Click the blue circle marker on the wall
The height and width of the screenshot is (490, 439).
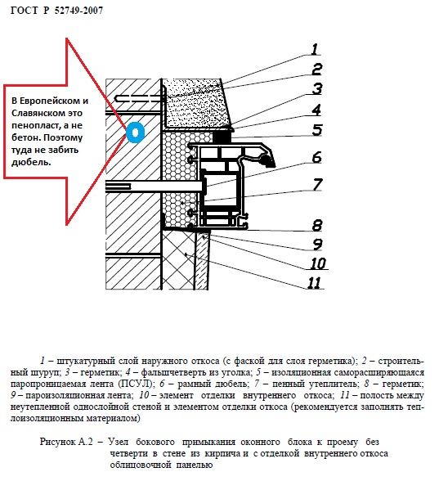[x=135, y=133]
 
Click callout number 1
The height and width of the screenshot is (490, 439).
[x=315, y=49]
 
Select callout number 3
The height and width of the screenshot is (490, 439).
[x=317, y=89]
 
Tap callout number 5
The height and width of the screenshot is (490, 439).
[x=317, y=130]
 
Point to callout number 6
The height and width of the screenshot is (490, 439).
[x=316, y=157]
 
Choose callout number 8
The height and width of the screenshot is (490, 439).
[x=317, y=225]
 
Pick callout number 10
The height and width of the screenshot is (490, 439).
[x=319, y=263]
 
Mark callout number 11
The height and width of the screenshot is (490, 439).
[x=314, y=283]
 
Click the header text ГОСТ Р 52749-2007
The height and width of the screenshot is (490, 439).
[x=56, y=11]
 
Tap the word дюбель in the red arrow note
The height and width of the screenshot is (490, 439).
[x=31, y=162]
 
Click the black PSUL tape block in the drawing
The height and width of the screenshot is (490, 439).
[x=222, y=137]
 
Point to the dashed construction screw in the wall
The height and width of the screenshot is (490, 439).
[x=140, y=98]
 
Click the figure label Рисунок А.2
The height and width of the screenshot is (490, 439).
[x=66, y=442]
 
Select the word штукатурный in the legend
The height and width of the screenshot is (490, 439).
[x=86, y=361]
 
